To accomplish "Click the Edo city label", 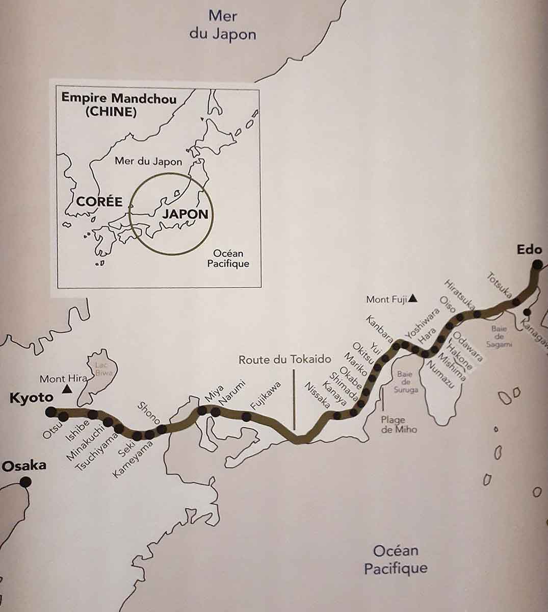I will (x=528, y=250).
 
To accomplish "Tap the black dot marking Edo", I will (x=537, y=265).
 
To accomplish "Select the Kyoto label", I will (x=32, y=398).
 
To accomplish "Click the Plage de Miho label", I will (x=399, y=425).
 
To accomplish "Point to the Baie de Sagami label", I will (x=499, y=336).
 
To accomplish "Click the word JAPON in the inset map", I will (x=186, y=214).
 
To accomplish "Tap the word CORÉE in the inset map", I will (x=99, y=201).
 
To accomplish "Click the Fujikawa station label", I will (x=266, y=401).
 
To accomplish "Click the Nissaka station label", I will (x=317, y=395).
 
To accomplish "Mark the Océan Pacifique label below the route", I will (x=396, y=559).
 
